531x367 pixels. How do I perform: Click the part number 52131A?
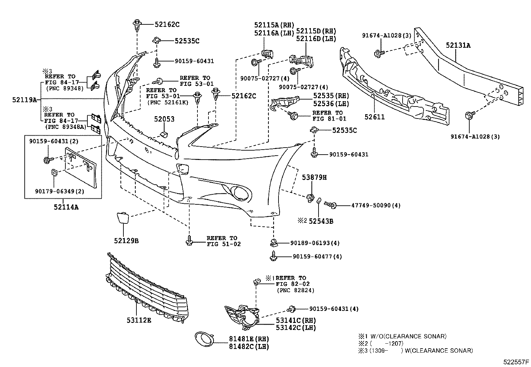pyautogui.click(x=458, y=45)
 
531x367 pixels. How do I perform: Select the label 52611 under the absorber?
pyautogui.click(x=375, y=117)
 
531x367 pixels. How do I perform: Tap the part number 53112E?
pyautogui.click(x=139, y=320)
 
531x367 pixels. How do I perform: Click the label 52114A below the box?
pyautogui.click(x=66, y=207)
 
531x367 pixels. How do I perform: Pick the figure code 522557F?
pyautogui.click(x=516, y=362)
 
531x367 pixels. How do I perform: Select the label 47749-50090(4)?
pyautogui.click(x=376, y=205)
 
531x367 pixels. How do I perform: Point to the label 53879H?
pyautogui.click(x=315, y=177)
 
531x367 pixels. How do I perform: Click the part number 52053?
pyautogui.click(x=164, y=119)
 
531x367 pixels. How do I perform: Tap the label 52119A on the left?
pyautogui.click(x=24, y=99)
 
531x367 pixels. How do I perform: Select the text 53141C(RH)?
pyautogui.click(x=296, y=320)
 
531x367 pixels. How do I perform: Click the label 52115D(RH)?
pyautogui.click(x=316, y=31)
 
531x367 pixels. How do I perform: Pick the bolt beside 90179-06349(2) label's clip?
pyautogui.click(x=47, y=160)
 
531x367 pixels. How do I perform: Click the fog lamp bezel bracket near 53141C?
pyautogui.click(x=243, y=316)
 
